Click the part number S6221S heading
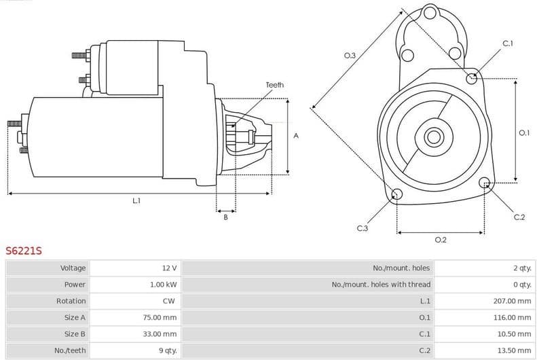click(24, 251)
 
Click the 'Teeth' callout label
click(274, 85)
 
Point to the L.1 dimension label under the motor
click(136, 200)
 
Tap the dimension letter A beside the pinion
click(296, 136)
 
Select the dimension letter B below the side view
click(225, 217)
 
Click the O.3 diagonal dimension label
click(350, 56)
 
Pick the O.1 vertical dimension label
click(523, 133)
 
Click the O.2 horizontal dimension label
click(440, 239)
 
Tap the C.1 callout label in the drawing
click(508, 43)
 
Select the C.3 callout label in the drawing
click(362, 228)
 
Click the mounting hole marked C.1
click(472, 78)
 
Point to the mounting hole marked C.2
click(485, 183)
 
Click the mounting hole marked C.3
click(397, 196)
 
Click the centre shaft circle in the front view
click(433, 137)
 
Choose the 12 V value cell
click(169, 268)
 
